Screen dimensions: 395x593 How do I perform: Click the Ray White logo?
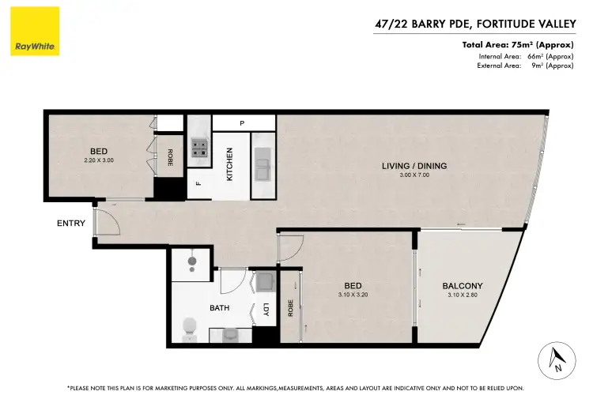[x=36, y=32]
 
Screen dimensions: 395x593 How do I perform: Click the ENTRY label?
[x=71, y=224]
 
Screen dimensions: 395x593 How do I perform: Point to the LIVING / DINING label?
[x=415, y=166]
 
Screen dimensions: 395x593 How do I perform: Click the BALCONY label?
[x=463, y=286]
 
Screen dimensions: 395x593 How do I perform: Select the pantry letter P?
[x=243, y=123]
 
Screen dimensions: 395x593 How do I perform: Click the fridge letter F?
[x=198, y=185]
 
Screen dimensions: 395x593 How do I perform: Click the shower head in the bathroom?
[x=191, y=262]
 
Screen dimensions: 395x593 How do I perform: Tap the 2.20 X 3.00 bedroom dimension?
[x=99, y=160]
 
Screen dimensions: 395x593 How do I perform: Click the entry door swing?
[x=108, y=223]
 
